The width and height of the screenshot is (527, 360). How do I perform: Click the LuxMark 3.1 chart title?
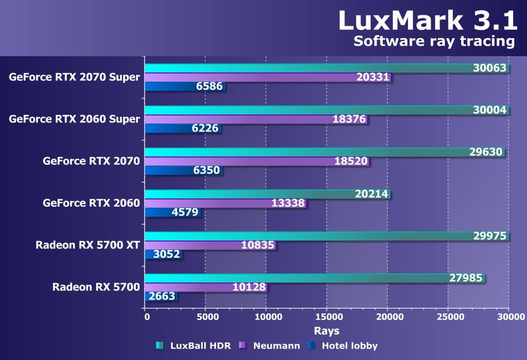pyautogui.click(x=427, y=21)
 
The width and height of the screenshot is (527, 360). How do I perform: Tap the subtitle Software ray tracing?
pyautogui.click(x=433, y=41)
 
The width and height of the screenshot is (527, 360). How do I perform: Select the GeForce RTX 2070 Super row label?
pyautogui.click(x=74, y=77)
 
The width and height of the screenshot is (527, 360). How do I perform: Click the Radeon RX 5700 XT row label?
pyautogui.click(x=88, y=245)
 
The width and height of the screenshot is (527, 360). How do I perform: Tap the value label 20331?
pyautogui.click(x=373, y=77)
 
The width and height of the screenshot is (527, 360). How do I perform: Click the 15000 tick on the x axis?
pyautogui.click(x=326, y=317)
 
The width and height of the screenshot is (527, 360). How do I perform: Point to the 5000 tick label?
pyautogui.click(x=205, y=317)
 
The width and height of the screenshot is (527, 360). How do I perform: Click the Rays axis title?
pyautogui.click(x=326, y=331)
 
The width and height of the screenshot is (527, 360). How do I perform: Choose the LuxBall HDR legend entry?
pyautogui.click(x=194, y=346)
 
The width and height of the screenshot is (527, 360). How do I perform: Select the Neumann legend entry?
pyautogui.click(x=271, y=346)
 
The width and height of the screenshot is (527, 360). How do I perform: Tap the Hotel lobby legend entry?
pyautogui.click(x=344, y=346)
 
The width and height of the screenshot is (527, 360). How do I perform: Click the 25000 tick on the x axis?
pyautogui.click(x=448, y=317)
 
